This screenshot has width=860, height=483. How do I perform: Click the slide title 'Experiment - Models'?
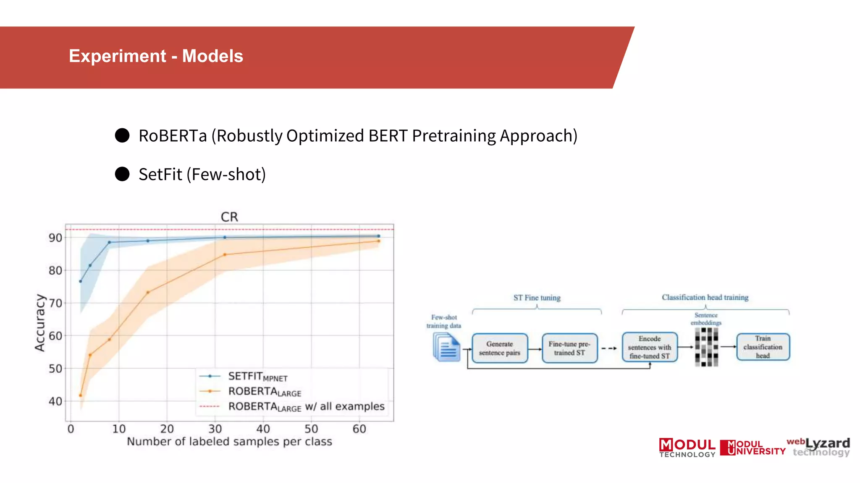[156, 56]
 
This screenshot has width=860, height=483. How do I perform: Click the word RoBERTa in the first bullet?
[173, 136]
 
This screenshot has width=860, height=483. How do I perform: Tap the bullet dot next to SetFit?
[122, 174]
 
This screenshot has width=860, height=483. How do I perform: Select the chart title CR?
[229, 217]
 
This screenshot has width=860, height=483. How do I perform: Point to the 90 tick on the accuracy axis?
[55, 238]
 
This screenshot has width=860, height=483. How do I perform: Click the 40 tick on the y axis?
[55, 401]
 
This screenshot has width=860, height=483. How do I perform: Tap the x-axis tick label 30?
[215, 429]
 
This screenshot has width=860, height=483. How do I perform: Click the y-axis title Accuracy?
[40, 322]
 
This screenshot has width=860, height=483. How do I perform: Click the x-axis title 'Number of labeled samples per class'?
[229, 441]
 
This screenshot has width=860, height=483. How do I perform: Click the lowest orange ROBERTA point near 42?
[81, 395]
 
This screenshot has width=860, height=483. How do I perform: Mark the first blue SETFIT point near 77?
[81, 281]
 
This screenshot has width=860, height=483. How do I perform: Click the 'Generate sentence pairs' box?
[500, 348]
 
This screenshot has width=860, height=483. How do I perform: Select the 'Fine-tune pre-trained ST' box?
[569, 348]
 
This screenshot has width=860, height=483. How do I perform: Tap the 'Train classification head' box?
[763, 347]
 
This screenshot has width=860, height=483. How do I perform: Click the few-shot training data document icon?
[446, 347]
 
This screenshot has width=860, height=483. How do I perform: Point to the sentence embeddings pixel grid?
[706, 347]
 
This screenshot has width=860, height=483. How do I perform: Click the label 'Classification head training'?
[705, 297]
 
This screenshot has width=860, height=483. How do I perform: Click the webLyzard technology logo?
[819, 447]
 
